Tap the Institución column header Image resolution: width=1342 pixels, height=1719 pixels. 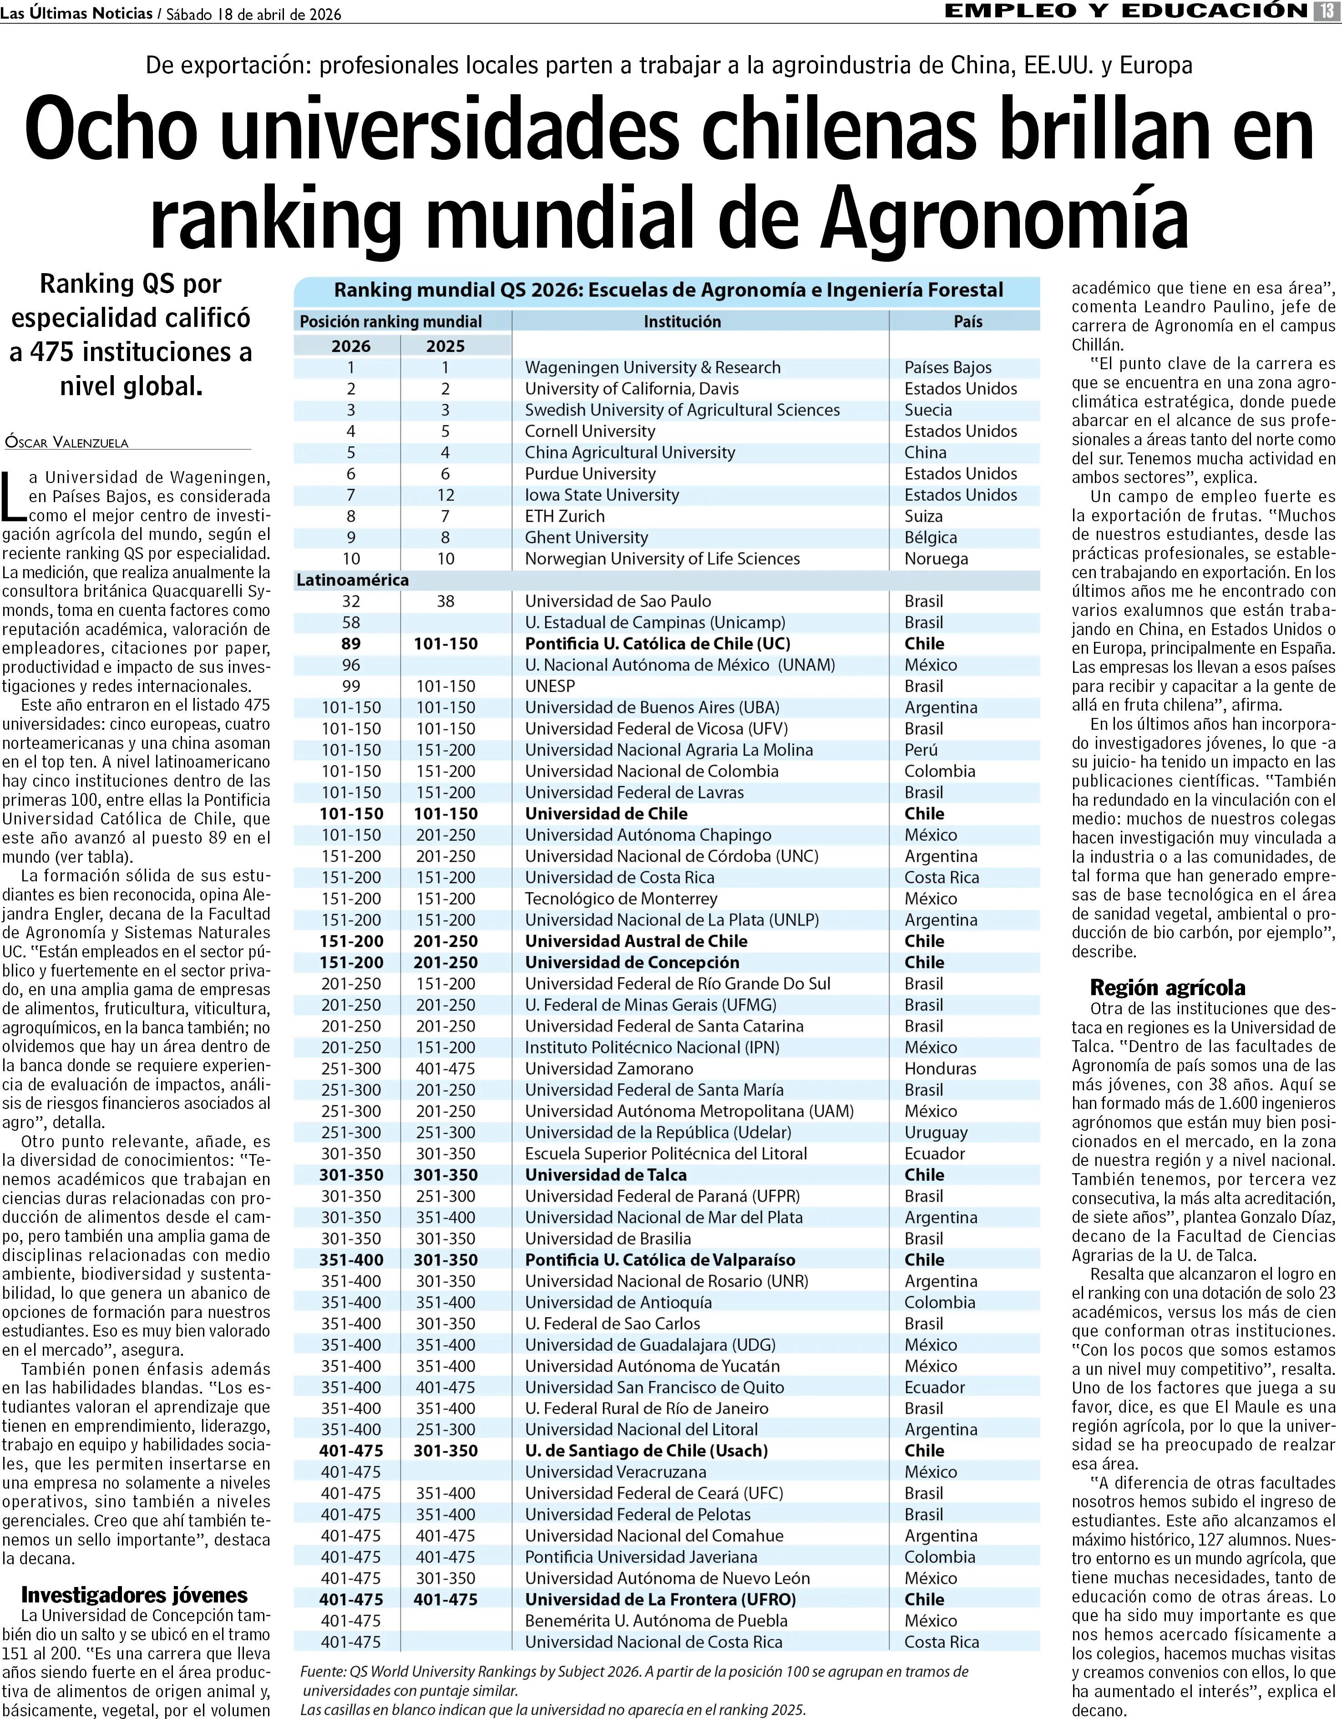(682, 321)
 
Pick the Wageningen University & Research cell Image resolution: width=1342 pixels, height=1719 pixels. (653, 367)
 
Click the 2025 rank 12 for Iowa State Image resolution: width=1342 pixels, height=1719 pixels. (445, 495)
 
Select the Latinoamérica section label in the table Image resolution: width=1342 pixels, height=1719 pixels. (352, 580)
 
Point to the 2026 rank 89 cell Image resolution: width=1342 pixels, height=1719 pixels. (351, 644)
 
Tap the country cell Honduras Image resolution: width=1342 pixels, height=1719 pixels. (940, 1069)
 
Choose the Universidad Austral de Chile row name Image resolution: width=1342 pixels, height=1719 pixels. (636, 941)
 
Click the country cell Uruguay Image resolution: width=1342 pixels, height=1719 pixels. (936, 1133)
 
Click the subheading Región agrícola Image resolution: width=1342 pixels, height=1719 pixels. (1167, 988)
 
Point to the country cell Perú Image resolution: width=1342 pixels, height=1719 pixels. (921, 750)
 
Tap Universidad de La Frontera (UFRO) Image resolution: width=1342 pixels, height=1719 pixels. (660, 1599)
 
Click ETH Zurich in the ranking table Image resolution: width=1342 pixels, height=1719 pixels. (565, 516)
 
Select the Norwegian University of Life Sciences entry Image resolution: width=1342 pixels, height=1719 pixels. (662, 559)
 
